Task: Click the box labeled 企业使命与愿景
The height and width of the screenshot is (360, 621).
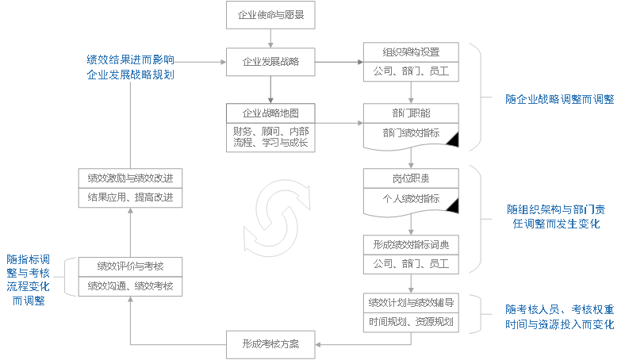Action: point(270,14)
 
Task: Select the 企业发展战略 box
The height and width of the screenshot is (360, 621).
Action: point(270,61)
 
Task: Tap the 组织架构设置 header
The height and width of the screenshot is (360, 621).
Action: point(411,52)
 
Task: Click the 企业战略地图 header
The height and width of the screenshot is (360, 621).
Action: point(270,113)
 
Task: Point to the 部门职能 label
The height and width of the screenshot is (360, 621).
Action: point(411,113)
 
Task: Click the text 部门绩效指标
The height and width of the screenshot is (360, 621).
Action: point(411,132)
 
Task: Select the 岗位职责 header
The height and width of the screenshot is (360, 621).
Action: point(411,178)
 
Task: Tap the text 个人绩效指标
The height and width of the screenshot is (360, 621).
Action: point(411,197)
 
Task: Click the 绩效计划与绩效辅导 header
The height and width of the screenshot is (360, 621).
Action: point(411,302)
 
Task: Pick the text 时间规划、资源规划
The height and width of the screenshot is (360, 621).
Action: point(411,322)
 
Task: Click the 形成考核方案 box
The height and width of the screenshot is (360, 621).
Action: point(270,344)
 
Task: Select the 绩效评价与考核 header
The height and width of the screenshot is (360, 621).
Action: point(130,266)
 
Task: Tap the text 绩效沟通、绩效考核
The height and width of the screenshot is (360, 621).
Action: point(130,285)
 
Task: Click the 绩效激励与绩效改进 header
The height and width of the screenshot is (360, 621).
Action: point(130,178)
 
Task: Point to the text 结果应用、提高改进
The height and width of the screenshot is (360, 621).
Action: point(130,197)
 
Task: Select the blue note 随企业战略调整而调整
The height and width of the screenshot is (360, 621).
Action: point(560,100)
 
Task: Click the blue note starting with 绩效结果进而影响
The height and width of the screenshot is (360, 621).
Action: point(130,67)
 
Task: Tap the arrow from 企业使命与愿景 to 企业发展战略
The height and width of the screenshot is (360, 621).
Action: point(270,37)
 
